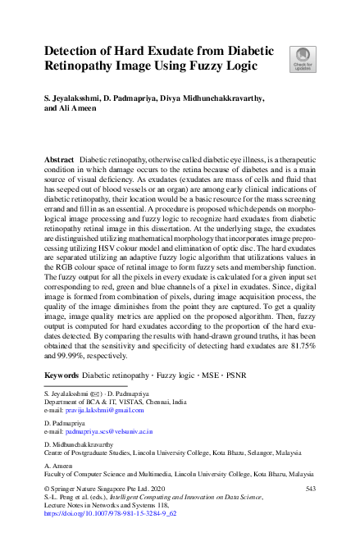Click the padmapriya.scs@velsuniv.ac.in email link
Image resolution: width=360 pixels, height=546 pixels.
(x=107, y=430)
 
